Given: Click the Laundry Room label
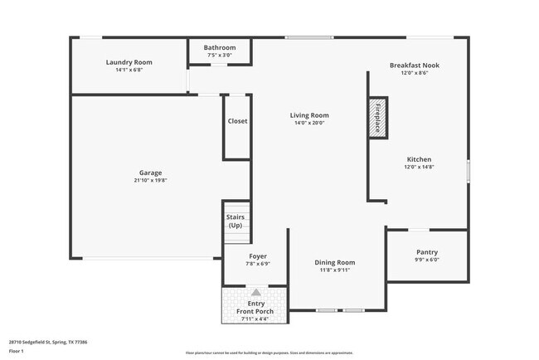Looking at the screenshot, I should (x=129, y=62).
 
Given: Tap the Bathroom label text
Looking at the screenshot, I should (x=220, y=48).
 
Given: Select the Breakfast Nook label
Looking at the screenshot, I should (x=414, y=65).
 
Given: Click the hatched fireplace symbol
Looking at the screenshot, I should (x=377, y=117).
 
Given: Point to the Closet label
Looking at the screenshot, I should (x=237, y=121).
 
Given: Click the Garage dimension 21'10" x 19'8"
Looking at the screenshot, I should (x=150, y=180).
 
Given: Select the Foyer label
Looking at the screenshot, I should (x=258, y=256).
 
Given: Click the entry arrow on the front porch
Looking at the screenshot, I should (x=256, y=293).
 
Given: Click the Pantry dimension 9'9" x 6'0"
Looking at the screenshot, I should (x=427, y=260).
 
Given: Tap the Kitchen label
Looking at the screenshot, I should (x=419, y=159).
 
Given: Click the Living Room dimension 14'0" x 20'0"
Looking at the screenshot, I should (x=308, y=123).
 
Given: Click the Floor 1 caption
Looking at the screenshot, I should (x=17, y=351).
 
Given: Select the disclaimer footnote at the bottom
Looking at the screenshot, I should (x=269, y=353).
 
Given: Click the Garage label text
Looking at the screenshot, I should (x=150, y=173).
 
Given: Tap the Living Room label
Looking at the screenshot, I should (x=308, y=115).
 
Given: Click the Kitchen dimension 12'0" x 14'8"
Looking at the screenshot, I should (x=419, y=167).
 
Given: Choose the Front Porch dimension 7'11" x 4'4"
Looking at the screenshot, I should (x=255, y=319).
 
